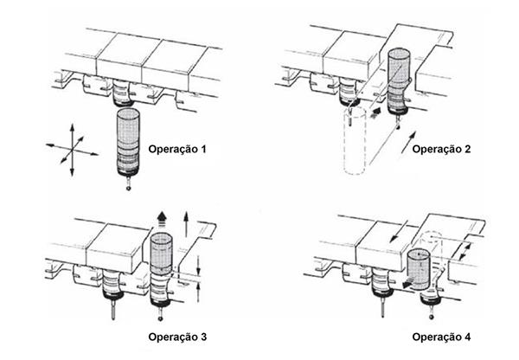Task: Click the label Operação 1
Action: pos(178,149)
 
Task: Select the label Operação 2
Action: pos(441,149)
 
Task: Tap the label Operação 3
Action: pos(178,336)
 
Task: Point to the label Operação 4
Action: pos(441,336)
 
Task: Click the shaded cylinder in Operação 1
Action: pos(127,141)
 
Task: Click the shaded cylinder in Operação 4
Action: pos(418,270)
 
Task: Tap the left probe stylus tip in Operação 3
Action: pos(113,322)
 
